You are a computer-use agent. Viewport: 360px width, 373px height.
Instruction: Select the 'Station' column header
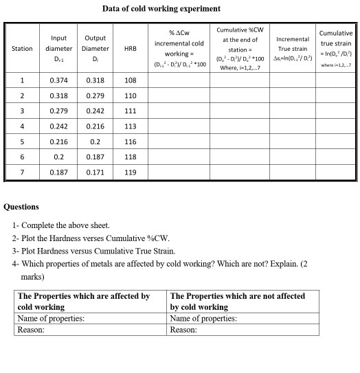pyautogui.click(x=22, y=48)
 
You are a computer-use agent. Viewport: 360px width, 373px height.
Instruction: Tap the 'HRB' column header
pyautogui.click(x=131, y=48)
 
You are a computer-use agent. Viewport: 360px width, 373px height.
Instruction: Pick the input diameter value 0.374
pyautogui.click(x=58, y=80)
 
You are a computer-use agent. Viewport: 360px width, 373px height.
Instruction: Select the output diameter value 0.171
pyautogui.click(x=95, y=172)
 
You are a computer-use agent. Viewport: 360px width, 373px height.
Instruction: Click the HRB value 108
pyautogui.click(x=131, y=80)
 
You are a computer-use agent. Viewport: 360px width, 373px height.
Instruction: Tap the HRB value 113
pyautogui.click(x=131, y=126)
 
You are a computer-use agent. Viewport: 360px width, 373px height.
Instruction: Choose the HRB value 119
pyautogui.click(x=131, y=172)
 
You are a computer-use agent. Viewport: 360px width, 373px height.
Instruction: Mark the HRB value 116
pyautogui.click(x=131, y=142)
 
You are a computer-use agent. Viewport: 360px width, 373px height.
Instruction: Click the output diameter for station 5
pyautogui.click(x=95, y=142)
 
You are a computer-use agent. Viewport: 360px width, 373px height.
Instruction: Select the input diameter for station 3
pyautogui.click(x=58, y=111)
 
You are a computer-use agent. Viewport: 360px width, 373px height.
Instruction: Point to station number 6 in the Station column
pyautogui.click(x=22, y=157)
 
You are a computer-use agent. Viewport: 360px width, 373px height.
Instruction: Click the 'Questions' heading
pyautogui.click(x=21, y=206)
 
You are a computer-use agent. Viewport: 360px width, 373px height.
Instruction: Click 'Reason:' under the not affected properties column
pyautogui.click(x=183, y=329)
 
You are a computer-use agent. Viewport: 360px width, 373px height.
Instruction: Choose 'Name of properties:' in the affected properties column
pyautogui.click(x=50, y=318)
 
